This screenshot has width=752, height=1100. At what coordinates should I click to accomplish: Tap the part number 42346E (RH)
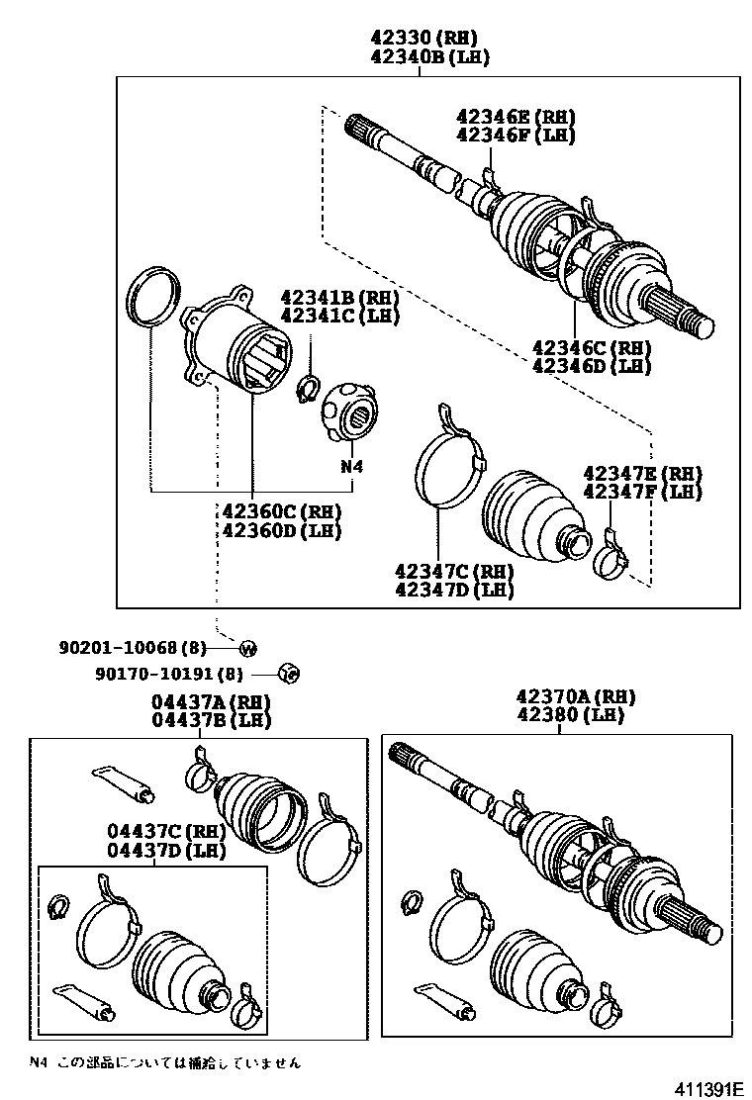click(515, 117)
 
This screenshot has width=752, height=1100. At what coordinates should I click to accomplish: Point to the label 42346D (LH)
click(592, 366)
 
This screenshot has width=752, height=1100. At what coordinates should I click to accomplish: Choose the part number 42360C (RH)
click(281, 512)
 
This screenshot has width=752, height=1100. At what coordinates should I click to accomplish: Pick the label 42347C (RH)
click(453, 572)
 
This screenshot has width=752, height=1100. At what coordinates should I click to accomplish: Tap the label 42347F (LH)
click(642, 492)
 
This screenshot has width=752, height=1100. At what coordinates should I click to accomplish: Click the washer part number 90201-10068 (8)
click(139, 647)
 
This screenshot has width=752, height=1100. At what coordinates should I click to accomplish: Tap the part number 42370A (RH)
click(575, 697)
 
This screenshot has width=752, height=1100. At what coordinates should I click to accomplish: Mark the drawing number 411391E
click(708, 1087)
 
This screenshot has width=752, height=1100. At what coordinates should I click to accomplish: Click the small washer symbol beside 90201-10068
click(247, 648)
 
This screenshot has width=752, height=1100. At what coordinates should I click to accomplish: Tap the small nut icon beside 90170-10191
click(290, 674)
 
